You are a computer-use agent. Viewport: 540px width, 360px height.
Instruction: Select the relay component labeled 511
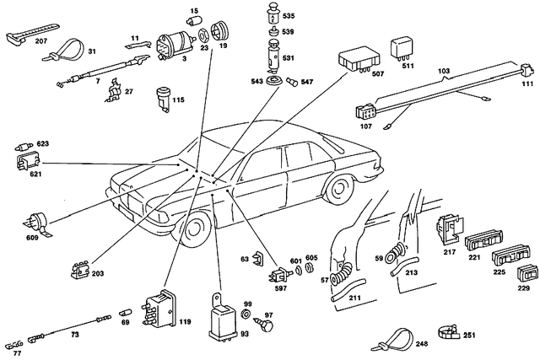coord(399,47)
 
